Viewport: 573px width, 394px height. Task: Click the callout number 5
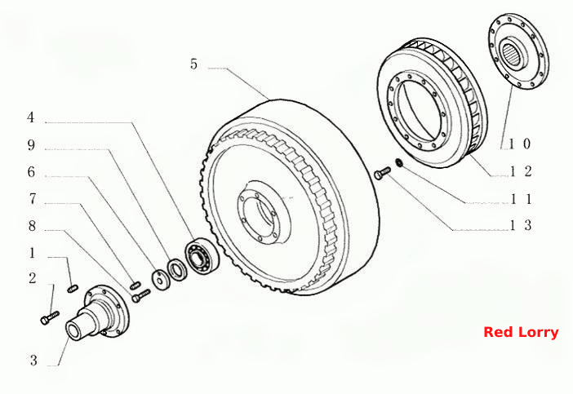point(193,64)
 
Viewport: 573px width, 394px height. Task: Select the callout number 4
point(31,117)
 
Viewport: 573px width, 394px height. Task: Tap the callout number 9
point(32,145)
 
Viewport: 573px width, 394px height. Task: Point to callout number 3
point(33,361)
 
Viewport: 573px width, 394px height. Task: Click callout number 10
point(519,144)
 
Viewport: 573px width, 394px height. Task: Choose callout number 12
point(521,171)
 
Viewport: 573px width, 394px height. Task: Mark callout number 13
point(521,225)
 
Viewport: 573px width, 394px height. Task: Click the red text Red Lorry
point(521,332)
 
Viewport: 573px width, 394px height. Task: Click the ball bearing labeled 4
point(202,255)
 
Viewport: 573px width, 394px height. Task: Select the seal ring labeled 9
point(177,269)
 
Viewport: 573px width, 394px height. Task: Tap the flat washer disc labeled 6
point(161,280)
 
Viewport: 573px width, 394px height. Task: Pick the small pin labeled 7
point(135,283)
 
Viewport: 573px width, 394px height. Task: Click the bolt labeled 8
point(140,296)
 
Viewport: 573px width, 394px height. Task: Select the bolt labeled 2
point(49,318)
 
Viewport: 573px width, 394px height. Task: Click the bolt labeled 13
point(382,173)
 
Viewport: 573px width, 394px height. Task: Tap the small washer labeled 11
point(399,162)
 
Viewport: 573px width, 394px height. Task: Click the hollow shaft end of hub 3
point(75,331)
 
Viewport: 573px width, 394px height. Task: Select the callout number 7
point(33,199)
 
